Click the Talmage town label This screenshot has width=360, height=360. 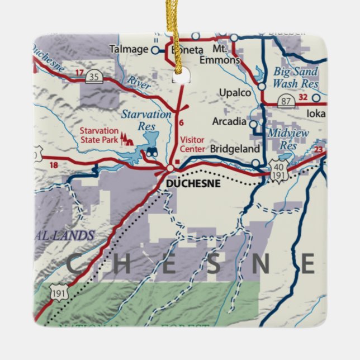click(129, 49)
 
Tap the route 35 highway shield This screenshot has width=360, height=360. click(94, 77)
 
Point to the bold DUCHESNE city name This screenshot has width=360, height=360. click(193, 183)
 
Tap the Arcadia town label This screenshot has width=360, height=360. click(229, 121)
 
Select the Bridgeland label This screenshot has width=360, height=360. click(235, 149)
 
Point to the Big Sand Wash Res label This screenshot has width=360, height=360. click(295, 78)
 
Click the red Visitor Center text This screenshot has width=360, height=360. click(192, 144)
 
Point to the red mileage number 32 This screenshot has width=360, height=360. click(303, 97)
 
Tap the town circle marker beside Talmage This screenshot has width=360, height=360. click(155, 50)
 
